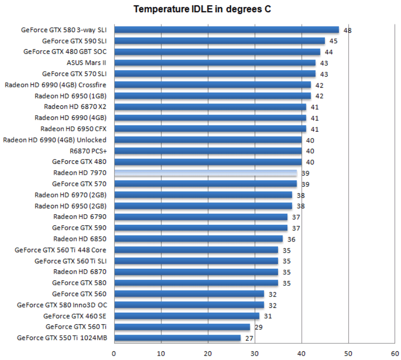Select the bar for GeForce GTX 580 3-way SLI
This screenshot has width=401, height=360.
coord(226,30)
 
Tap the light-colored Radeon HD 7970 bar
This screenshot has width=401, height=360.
coord(205,173)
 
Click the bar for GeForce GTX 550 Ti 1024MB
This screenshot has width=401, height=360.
coord(177,338)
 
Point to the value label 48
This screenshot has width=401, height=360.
coord(347,30)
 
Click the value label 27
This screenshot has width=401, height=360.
coord(249,338)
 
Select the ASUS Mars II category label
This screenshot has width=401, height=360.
coord(86,62)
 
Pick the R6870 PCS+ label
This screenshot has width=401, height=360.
coord(88,151)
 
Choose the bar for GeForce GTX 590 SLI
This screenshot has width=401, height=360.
coord(220,41)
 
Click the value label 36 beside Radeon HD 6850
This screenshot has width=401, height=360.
coord(291,239)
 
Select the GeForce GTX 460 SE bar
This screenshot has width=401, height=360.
coord(186,316)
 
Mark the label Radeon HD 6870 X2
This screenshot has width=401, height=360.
coord(75,106)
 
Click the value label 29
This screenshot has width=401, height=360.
coord(259,327)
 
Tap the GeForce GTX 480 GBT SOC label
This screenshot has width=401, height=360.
coord(65,52)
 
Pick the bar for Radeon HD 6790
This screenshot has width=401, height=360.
coord(200,217)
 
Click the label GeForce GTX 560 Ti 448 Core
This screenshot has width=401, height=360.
coord(60,250)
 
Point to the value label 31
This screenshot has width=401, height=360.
coord(268,316)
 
